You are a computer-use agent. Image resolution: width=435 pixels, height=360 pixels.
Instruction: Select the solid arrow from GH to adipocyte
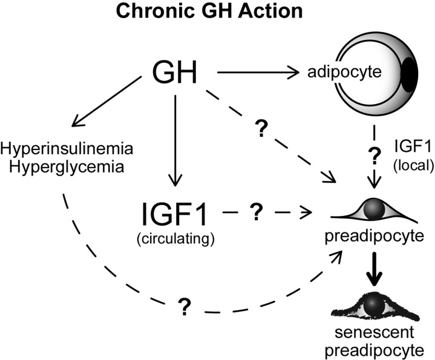(x=257, y=73)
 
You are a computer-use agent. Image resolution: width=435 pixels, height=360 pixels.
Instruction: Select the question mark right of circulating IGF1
(x=256, y=211)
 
